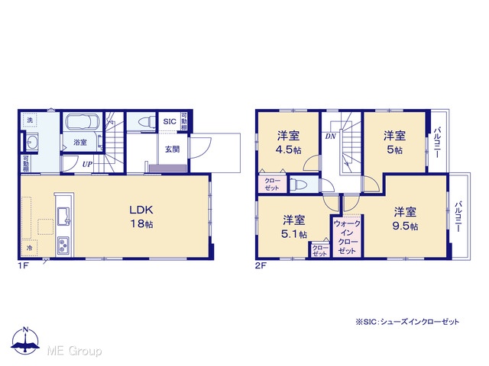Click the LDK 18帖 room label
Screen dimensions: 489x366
[x=141, y=217]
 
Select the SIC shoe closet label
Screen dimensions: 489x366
[x=170, y=121]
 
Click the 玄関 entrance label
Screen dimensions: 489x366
[x=172, y=149]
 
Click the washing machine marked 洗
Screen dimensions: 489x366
[x=30, y=120]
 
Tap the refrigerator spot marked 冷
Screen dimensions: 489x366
[x=30, y=248]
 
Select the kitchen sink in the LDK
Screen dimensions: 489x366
[x=64, y=216]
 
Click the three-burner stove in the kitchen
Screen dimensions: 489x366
[x=63, y=245]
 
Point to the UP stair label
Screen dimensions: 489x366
[x=87, y=164]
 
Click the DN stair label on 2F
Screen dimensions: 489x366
[x=331, y=136]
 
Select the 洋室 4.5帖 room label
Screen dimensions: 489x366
[x=289, y=143]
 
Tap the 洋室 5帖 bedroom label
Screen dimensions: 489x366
[x=394, y=143]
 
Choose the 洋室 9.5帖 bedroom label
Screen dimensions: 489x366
[x=405, y=219]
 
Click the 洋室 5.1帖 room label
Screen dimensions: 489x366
[x=293, y=226]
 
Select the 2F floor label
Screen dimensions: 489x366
[x=261, y=266]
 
